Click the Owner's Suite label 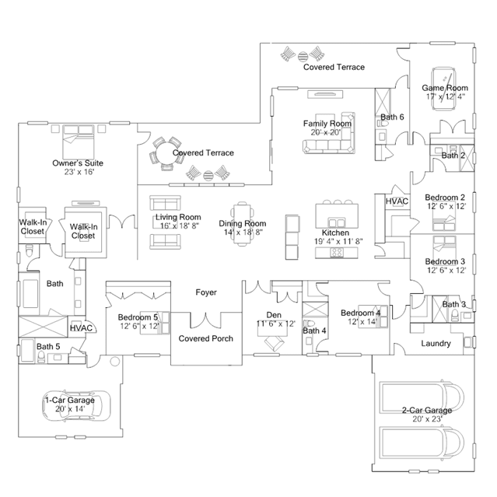click(x=78, y=163)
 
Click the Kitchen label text click(x=335, y=233)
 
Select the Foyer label click(x=206, y=292)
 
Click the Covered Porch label click(x=205, y=338)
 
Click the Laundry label click(x=436, y=343)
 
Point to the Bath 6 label click(x=392, y=117)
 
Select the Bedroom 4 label click(x=360, y=313)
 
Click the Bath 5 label click(x=48, y=346)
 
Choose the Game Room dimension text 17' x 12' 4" click(x=445, y=96)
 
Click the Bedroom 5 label click(x=138, y=317)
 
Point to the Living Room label click(x=178, y=217)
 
